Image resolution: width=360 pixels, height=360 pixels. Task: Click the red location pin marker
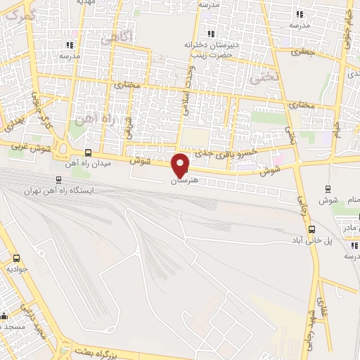coord(181,164)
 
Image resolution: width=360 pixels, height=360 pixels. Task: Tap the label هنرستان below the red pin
coord(181,181)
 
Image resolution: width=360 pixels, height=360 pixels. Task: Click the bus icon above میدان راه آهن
coord(88,152)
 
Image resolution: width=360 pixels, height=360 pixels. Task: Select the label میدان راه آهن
coord(80,163)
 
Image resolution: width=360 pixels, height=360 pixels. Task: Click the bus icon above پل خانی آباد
coord(312,228)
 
